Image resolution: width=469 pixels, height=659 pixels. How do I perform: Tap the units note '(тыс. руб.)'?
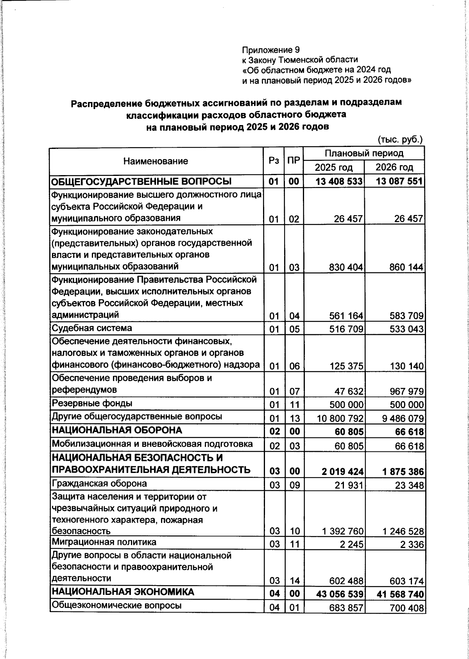click(x=400, y=139)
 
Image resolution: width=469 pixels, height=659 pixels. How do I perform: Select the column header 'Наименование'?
click(x=156, y=161)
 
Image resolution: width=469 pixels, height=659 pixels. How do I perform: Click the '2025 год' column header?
click(x=334, y=168)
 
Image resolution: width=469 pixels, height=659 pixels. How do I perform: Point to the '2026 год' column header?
click(x=394, y=168)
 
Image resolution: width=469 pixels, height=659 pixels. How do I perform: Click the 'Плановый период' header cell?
click(x=364, y=153)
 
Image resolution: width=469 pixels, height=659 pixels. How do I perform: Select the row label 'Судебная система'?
click(x=92, y=328)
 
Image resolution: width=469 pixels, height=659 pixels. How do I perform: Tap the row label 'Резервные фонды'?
click(x=92, y=403)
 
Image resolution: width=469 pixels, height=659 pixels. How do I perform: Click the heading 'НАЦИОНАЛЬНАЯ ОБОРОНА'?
click(x=117, y=430)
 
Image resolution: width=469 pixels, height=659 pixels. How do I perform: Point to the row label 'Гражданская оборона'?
click(x=99, y=484)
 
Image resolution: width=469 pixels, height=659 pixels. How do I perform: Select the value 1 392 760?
click(x=343, y=532)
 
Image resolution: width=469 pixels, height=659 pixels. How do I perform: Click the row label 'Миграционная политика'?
click(x=104, y=542)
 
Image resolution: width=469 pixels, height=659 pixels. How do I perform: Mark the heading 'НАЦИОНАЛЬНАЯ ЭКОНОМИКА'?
click(x=123, y=592)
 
